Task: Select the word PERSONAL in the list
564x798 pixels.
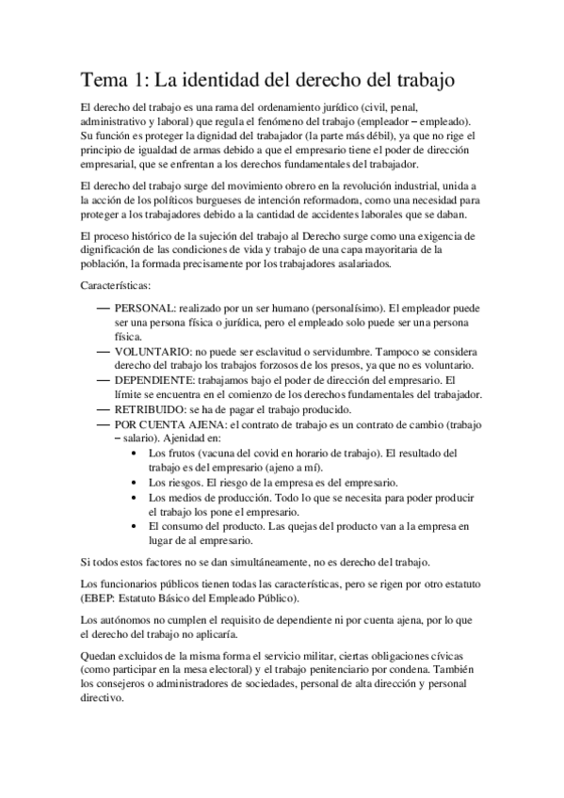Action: coord(143,309)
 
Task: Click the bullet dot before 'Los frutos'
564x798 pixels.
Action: coord(138,453)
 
